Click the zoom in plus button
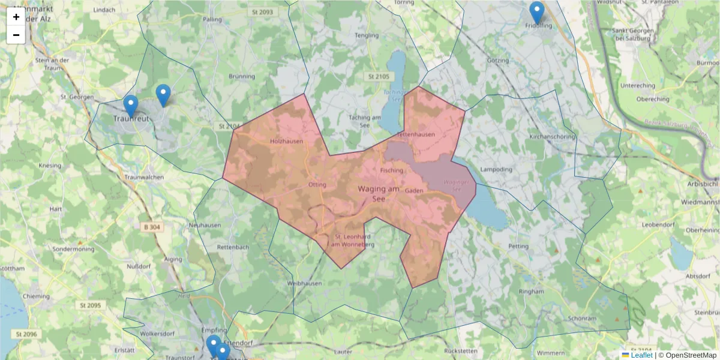[16, 17]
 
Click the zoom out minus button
[16, 35]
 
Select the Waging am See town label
[378, 193]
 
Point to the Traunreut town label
[130, 118]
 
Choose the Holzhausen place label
[286, 141]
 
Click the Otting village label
[316, 184]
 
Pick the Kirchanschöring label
[552, 137]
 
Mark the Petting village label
[518, 246]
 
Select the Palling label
[212, 19]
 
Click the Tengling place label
[367, 35]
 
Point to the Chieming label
[35, 296]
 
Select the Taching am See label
[364, 122]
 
